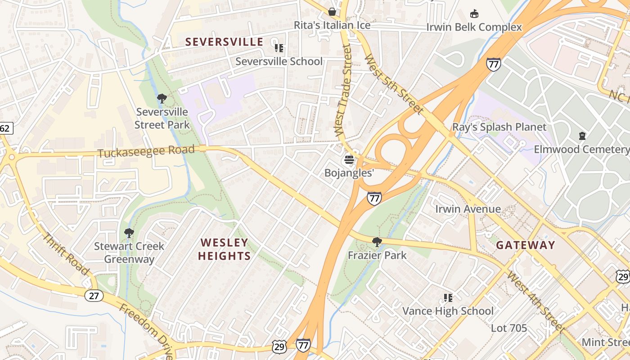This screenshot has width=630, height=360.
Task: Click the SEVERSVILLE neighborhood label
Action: [x=224, y=42]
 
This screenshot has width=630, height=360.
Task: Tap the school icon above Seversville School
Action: [x=279, y=47]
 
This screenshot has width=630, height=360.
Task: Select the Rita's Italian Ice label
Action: [x=332, y=25]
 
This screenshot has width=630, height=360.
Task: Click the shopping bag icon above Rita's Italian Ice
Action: [x=332, y=11]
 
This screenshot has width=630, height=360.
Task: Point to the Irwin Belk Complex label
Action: [x=474, y=27]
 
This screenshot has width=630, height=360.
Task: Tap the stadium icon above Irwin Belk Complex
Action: [x=474, y=13]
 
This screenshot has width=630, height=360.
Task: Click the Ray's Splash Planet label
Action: [x=499, y=127]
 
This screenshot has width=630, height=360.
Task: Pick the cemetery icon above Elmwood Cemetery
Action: [x=582, y=135]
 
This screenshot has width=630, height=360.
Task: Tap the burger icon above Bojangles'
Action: [x=349, y=160]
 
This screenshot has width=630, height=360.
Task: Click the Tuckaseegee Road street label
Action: [x=146, y=151]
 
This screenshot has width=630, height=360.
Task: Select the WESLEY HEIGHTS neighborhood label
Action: [x=225, y=249]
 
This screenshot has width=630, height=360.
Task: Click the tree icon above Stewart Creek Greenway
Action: [x=129, y=233]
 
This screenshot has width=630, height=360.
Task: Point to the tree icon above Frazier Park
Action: [x=377, y=242]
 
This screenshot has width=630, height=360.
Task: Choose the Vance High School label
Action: [x=448, y=311]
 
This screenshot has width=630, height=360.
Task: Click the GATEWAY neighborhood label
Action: [x=526, y=245]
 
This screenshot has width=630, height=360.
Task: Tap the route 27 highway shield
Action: [x=94, y=296]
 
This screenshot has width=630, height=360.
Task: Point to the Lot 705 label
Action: [x=508, y=328]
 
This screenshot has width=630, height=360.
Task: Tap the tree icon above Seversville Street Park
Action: [x=162, y=98]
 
